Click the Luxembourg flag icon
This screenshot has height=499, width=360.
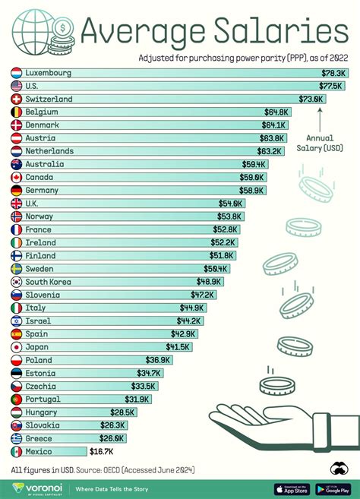(x=17, y=73)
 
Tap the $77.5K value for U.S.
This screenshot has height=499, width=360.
(x=333, y=86)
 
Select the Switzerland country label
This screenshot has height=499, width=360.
(x=49, y=99)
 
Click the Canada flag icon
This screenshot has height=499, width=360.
(x=17, y=177)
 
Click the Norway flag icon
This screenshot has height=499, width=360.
(x=17, y=216)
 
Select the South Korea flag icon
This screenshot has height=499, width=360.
(x=17, y=282)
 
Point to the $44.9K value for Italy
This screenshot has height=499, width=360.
(x=192, y=308)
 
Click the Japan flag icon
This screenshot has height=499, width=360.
(x=17, y=347)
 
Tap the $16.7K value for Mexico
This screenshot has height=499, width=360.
(x=102, y=451)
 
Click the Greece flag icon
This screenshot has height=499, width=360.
(x=17, y=438)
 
